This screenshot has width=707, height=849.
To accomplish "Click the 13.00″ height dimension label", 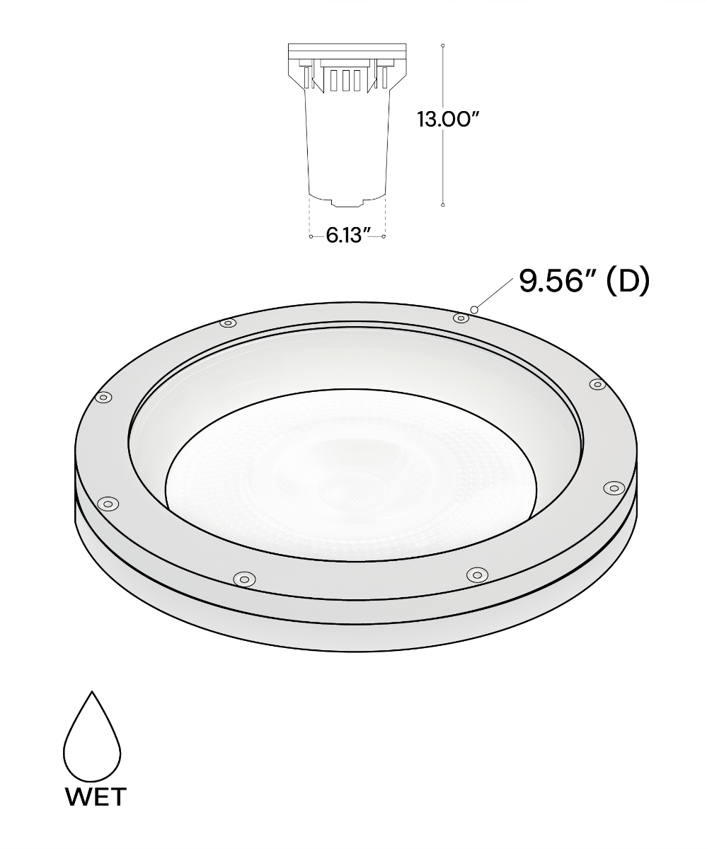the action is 448,120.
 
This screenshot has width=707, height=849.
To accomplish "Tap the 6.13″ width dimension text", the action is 349,235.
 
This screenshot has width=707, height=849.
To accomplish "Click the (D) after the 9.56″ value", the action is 628,282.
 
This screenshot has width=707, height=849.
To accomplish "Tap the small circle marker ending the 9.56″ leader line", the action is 474,310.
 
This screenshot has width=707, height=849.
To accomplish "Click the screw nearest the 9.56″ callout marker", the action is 461,318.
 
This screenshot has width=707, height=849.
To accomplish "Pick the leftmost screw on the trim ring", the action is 103,397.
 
